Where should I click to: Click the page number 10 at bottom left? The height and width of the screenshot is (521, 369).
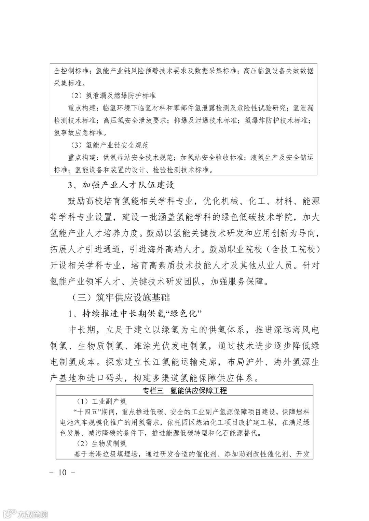point(62,472)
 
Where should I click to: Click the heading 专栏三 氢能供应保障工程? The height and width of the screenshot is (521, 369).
point(184,391)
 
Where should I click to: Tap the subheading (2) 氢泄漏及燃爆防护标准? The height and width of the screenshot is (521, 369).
point(111,96)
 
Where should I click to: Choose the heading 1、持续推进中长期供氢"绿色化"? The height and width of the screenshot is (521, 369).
point(134,313)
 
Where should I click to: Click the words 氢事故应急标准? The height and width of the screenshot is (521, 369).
point(76,133)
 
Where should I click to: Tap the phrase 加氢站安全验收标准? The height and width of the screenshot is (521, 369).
point(212,158)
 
